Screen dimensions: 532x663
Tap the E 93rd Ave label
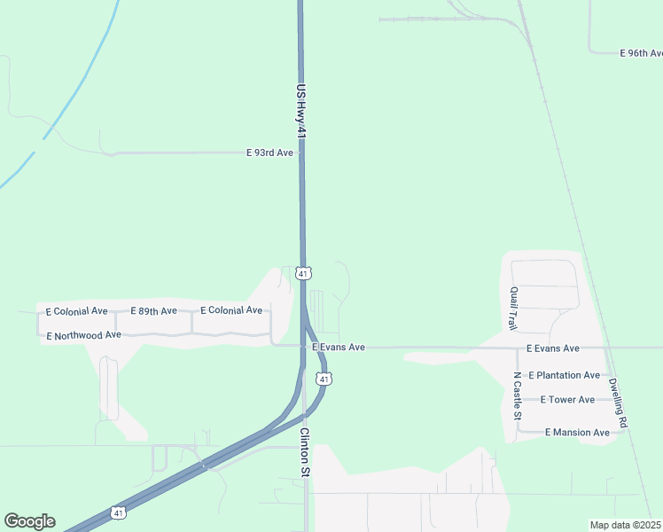tap(269, 153)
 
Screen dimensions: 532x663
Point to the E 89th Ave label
tap(153, 311)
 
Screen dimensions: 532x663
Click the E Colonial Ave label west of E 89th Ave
tap(81, 311)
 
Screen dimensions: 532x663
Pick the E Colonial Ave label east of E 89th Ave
tap(231, 310)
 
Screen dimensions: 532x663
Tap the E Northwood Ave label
tap(83, 335)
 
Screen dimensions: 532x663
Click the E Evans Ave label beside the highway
tap(339, 348)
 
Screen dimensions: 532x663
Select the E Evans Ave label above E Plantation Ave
tap(552, 348)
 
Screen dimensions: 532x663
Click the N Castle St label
tap(518, 395)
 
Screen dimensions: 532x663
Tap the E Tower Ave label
tap(567, 400)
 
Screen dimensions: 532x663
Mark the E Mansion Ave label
tap(577, 432)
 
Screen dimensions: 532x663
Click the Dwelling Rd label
tap(617, 403)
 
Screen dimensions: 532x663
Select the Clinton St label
tap(304, 452)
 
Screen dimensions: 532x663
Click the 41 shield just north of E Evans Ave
tap(303, 274)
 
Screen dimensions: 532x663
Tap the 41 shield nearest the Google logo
tap(118, 512)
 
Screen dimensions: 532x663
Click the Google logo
tap(29, 521)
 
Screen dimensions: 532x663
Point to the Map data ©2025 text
tap(626, 525)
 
